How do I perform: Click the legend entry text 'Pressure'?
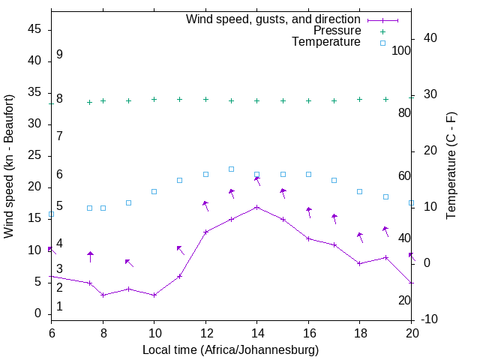337,31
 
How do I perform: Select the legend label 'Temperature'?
326,42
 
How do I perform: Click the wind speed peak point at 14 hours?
256,207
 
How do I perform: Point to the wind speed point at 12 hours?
205,232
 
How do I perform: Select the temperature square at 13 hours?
231,169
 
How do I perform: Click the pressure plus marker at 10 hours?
154,99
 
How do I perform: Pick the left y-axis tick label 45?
34,29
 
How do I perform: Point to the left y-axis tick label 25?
34,155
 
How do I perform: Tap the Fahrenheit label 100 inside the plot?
402,50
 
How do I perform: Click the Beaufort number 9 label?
59,55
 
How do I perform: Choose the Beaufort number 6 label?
59,175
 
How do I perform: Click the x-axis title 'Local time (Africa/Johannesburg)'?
231,349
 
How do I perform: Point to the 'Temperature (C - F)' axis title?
451,166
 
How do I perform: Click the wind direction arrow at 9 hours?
129,262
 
